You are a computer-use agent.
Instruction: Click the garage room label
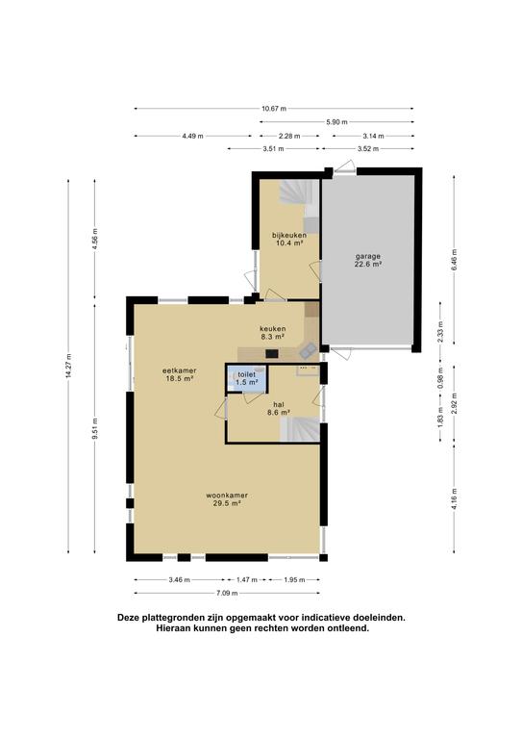coord(367,256)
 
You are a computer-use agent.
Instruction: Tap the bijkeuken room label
coord(289,235)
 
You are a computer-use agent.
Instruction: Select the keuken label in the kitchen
coord(273,328)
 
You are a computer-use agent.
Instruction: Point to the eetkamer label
coord(180,370)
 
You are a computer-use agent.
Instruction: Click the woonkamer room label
coord(227,496)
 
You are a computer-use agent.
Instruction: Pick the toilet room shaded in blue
coord(246,378)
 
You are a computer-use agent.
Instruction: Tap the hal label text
coord(279,404)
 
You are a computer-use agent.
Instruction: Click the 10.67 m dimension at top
coord(274,109)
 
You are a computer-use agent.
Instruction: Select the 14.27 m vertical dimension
coord(68,366)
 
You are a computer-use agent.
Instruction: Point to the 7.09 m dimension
coord(227,594)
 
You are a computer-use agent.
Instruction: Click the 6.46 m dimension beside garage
coord(454,260)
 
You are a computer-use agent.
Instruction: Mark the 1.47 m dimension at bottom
coord(247,579)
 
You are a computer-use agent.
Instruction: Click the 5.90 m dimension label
coord(337,122)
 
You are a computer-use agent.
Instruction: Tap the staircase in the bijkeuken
coord(300,198)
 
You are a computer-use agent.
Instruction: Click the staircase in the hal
coord(300,429)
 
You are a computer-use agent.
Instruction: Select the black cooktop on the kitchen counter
coord(272,353)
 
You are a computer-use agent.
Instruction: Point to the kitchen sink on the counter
coord(309,349)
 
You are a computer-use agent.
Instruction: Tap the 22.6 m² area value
coord(367,265)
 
